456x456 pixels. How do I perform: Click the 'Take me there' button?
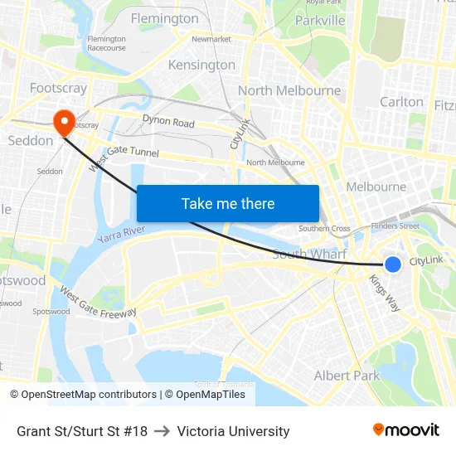coord(228,203)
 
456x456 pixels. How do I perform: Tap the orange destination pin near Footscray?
coord(64,123)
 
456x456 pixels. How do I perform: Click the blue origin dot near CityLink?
coord(393,264)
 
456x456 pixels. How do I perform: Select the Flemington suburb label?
coord(164,18)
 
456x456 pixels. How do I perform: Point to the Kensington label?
coord(201,65)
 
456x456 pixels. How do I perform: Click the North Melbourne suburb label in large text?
coord(289,90)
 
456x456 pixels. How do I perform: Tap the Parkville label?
coord(320,20)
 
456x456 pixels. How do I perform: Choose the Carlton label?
coord(401,102)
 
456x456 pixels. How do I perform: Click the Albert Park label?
coord(347,376)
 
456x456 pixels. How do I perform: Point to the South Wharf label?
coord(309,254)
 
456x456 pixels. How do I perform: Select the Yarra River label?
coord(121,234)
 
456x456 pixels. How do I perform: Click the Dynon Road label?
coord(168,123)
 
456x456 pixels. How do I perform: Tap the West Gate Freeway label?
coord(98,303)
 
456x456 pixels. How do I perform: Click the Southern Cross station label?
coord(324,229)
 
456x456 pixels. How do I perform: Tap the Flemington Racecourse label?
coord(106,43)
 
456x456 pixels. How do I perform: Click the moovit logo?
coord(406,430)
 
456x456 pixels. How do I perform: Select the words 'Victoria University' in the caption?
coord(233,431)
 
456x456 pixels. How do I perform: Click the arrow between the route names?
coord(163,431)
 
